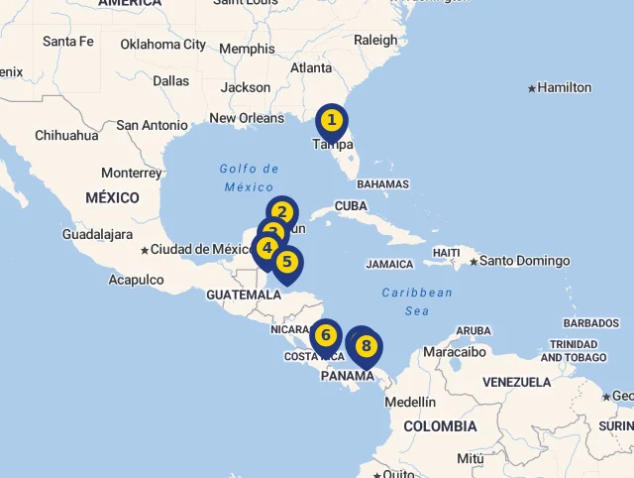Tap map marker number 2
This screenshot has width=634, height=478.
point(282,212)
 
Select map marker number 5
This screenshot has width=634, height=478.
point(286,263)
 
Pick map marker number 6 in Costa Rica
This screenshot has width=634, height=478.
point(325,336)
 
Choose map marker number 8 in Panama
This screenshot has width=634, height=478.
point(366,347)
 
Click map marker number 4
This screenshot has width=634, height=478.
point(266,248)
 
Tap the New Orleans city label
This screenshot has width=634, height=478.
point(247,118)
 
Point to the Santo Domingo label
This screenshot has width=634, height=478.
point(525,261)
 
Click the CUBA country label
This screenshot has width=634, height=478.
point(351,205)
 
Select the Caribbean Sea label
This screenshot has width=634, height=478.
point(417,301)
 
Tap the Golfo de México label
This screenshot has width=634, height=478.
point(249,178)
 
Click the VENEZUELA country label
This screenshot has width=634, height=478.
point(516,382)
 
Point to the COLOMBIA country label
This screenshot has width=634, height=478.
point(440,426)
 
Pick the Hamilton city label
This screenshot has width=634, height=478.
point(565,87)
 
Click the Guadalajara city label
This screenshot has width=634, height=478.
point(97,234)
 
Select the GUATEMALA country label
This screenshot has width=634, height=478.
point(244,295)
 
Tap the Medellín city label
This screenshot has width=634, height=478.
point(409,402)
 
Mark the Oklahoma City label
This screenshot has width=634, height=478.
point(163,44)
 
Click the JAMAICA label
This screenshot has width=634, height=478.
point(389,265)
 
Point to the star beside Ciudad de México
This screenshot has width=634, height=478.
point(145,250)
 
